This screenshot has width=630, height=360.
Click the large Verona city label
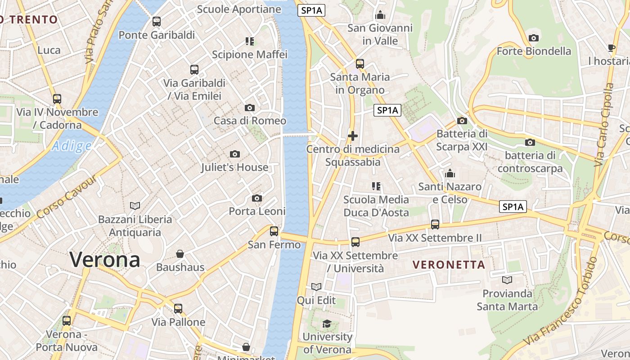tap(104, 260)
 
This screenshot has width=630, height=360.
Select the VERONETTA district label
tap(449, 265)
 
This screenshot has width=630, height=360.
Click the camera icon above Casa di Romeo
tap(249, 108)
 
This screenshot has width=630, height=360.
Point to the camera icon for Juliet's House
tap(234, 154)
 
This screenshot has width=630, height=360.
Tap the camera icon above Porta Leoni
tap(257, 198)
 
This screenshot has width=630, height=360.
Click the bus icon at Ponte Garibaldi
tap(157, 21)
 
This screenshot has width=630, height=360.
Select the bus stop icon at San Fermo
tap(274, 231)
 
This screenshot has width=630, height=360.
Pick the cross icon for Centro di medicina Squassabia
tap(353, 135)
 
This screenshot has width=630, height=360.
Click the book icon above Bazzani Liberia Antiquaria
tap(135, 206)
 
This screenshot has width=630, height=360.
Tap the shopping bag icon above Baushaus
tap(180, 254)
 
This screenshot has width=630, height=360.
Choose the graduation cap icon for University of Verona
tap(327, 324)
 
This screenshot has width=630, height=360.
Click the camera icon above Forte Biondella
tap(534, 38)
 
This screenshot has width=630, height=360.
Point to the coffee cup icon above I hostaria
tap(611, 48)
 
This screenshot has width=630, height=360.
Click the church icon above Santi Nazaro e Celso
tap(450, 173)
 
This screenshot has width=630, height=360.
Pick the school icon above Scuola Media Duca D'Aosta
tap(376, 186)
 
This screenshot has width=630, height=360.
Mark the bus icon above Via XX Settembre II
tap(435, 224)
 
